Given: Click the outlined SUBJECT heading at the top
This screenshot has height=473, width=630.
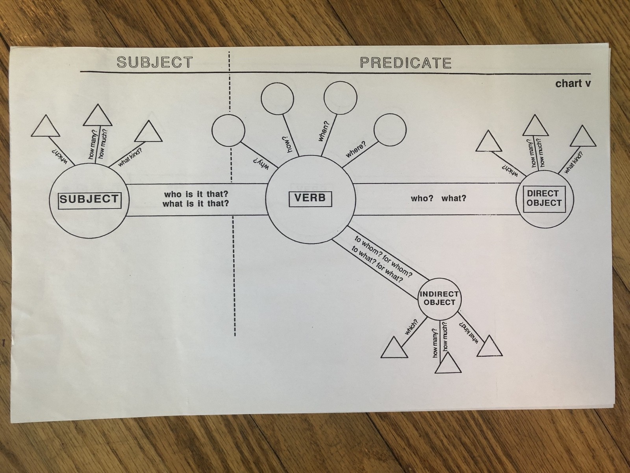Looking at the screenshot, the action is coord(155,62).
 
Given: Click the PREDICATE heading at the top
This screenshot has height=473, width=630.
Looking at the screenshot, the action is coord(406,63).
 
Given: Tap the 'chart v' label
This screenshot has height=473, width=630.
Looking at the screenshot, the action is coord(573,84).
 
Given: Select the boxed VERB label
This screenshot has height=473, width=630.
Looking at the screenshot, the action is coord(310,198).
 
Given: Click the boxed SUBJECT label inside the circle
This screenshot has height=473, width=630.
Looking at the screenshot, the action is coord(89,199).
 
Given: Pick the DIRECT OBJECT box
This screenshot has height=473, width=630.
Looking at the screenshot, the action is coord(544,199).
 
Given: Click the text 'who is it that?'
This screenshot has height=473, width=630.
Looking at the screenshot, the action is coord(196,194).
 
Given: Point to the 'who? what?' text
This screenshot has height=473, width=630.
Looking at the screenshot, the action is coord(438,198).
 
